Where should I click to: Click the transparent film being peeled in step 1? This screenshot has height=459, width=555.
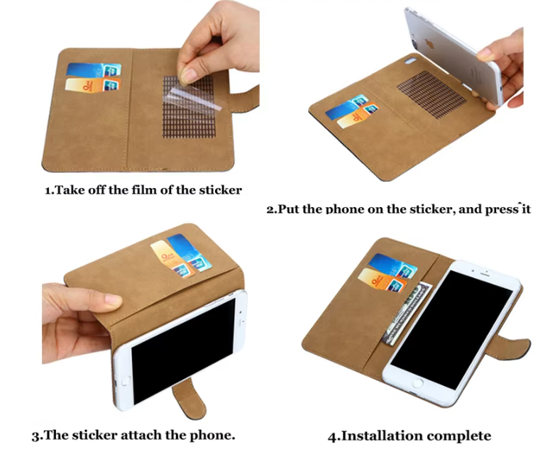point(192,97)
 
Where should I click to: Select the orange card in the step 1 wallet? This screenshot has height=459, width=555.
point(93,85)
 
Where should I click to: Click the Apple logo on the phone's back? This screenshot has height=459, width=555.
point(430,44)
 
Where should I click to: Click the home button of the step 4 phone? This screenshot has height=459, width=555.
point(417,383)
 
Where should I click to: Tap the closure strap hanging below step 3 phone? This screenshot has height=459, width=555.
point(189,398)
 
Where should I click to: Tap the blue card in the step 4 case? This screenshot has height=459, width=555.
point(392,265)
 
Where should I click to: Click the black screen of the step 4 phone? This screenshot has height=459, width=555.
point(452,330)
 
